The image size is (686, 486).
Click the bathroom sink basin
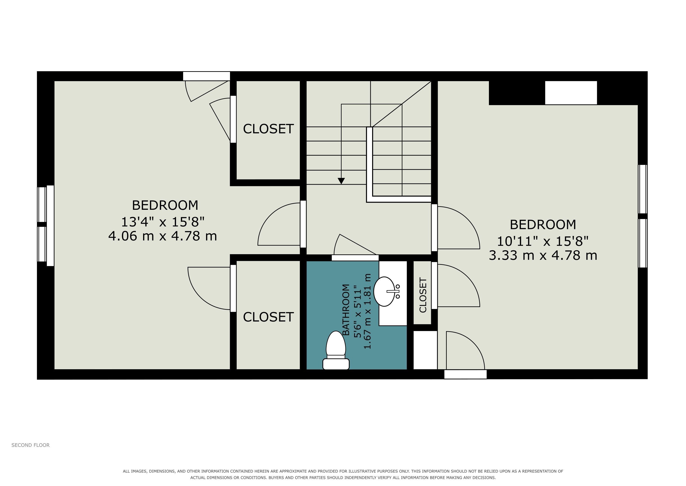384,291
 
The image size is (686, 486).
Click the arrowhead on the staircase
341,181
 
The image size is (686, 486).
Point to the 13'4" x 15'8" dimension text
163,222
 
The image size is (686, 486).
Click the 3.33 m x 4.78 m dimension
543,256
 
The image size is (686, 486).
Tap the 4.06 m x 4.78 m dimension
162,236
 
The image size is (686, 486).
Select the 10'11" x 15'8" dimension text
543,241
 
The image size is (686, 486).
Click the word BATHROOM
346,310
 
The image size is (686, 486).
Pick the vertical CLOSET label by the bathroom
423,295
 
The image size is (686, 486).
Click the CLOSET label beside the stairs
268,129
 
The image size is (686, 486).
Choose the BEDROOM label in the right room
543,224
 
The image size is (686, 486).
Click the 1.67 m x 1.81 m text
367,311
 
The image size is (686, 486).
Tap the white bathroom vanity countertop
393,293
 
